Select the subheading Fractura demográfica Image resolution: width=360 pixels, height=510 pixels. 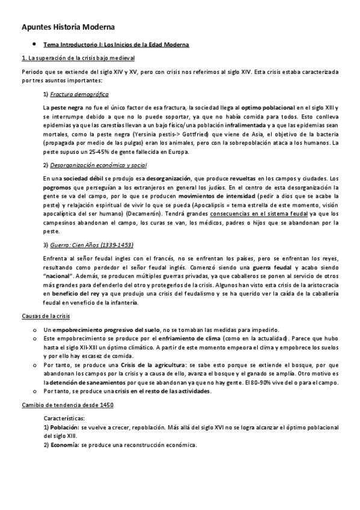pyautogui.click(x=79, y=94)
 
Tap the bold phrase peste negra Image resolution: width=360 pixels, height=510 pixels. pyautogui.click(x=66, y=106)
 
